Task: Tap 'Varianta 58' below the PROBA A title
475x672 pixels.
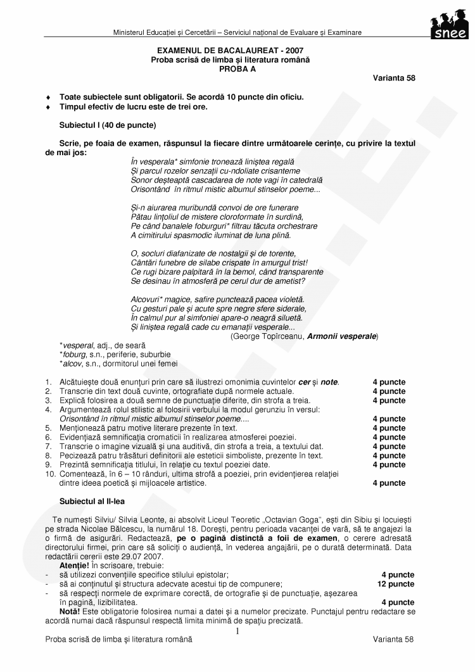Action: [394, 78]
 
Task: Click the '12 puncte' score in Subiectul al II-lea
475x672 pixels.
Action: [396, 584]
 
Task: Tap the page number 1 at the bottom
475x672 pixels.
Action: [237, 631]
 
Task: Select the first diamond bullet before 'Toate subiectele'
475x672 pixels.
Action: [48, 98]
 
